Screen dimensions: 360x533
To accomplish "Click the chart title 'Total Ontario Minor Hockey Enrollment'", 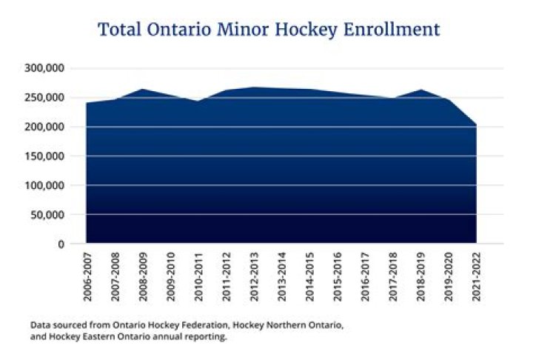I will [269, 30].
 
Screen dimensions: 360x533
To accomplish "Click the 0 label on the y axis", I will [61, 244].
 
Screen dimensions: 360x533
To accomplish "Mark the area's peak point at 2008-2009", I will [142, 90].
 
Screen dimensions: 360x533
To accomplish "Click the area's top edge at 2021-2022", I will [476, 124].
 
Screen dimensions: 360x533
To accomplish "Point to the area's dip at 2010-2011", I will [198, 101].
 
